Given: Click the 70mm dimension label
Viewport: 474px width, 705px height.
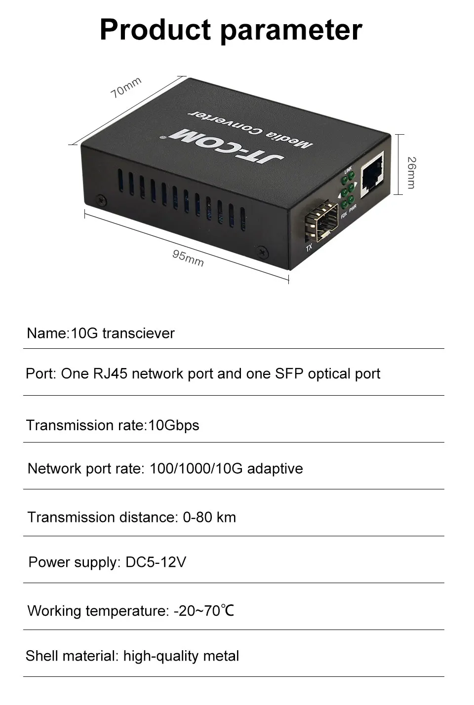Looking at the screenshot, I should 126,87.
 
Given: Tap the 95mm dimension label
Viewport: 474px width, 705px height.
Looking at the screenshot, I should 188,258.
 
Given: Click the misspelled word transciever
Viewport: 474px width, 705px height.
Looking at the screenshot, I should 138,333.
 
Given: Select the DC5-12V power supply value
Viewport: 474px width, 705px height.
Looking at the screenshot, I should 156,562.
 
